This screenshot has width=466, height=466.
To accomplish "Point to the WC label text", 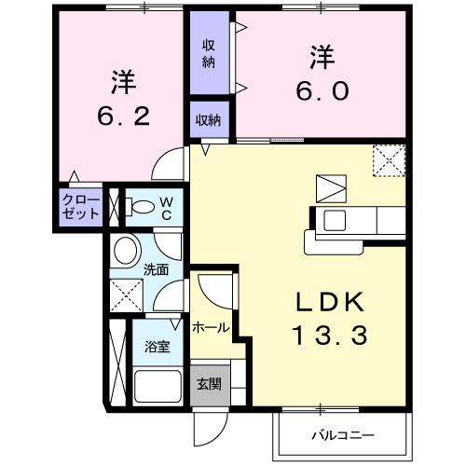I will click(x=164, y=206).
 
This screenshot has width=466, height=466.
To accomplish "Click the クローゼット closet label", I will click(x=81, y=206).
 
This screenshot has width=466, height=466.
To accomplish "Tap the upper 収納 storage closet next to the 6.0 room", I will click(x=208, y=54).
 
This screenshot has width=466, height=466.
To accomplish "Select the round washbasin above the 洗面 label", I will click(x=126, y=250).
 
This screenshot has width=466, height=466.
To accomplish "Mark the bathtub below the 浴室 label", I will click(x=158, y=385).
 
